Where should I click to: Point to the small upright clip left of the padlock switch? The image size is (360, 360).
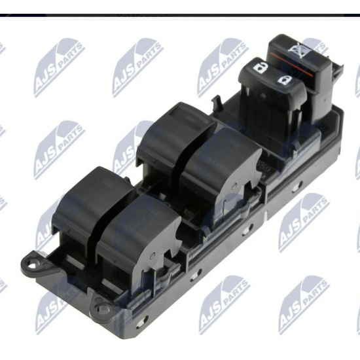click(x=216, y=103)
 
